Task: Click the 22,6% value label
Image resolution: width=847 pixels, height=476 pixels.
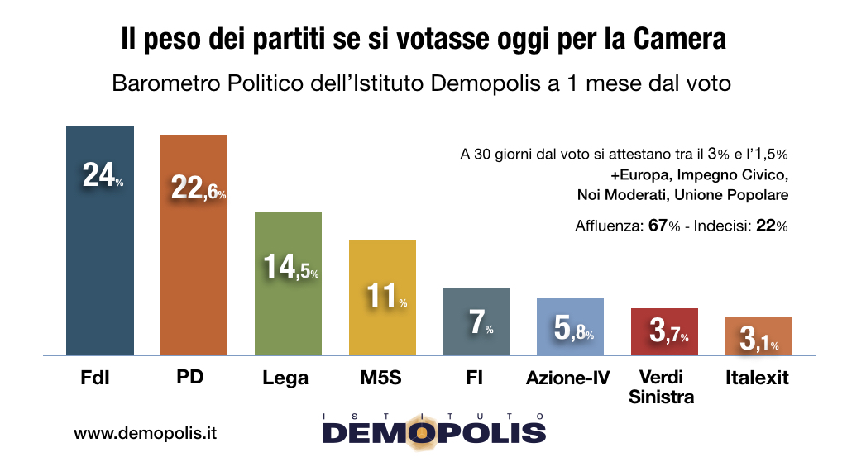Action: pyautogui.click(x=198, y=188)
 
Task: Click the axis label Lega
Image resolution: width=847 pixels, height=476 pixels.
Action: pyautogui.click(x=287, y=378)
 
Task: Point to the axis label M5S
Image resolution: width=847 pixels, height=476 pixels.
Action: pyautogui.click(x=381, y=378)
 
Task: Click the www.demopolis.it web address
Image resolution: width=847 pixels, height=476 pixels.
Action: pyautogui.click(x=145, y=433)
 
